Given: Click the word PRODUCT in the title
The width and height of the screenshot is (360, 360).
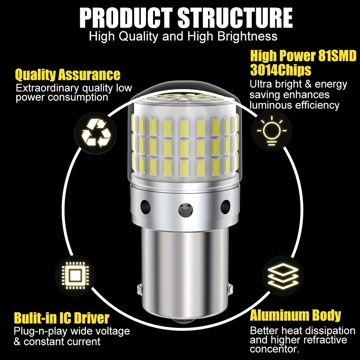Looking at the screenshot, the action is click(126, 18).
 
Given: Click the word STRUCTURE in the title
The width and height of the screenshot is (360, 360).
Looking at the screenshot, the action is click(235, 18).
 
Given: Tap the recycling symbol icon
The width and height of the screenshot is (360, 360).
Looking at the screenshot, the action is click(96, 133).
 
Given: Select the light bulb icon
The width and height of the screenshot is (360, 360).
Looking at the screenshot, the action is click(272, 130).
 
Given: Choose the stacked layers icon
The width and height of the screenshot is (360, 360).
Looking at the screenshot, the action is click(283, 276).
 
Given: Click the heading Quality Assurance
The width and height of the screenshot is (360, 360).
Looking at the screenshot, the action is click(67, 75).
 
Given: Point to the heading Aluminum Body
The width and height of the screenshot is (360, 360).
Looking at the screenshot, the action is click(295, 316).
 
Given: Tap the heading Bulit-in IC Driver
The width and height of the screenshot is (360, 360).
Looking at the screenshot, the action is click(62, 318).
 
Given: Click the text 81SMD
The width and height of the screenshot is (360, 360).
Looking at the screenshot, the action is click(338, 56).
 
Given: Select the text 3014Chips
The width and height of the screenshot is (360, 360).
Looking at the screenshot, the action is click(281, 70).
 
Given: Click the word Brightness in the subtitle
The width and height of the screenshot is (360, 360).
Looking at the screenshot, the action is click(247, 36).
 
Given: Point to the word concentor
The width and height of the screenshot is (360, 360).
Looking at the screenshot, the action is click(274, 349).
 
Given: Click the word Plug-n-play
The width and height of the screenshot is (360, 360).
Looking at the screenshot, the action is click(40, 331).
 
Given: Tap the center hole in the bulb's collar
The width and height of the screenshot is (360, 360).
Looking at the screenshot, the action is click(185, 209).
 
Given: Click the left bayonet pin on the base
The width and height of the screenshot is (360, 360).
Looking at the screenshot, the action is click(139, 290).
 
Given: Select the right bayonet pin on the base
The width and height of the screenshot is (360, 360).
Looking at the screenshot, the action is click(231, 290).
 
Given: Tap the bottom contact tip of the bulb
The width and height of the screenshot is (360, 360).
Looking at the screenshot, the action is click(184, 323).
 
